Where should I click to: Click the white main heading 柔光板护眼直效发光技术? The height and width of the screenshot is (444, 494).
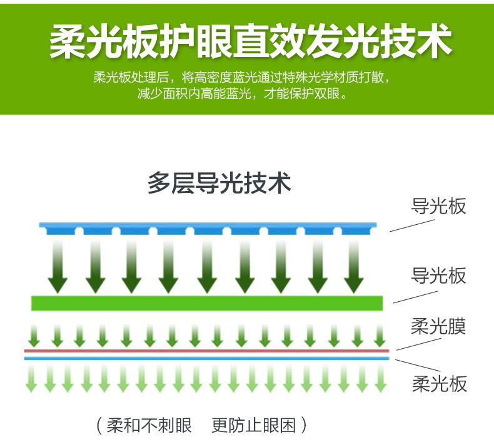pyautogui.click(x=250, y=42)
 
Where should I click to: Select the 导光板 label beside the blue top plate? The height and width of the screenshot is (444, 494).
pyautogui.click(x=438, y=206)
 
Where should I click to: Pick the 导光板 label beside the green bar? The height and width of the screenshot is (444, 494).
pyautogui.click(x=438, y=276)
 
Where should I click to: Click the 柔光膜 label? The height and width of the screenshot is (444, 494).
pyautogui.click(x=438, y=326)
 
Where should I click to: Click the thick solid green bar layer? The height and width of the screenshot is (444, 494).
pyautogui.click(x=206, y=303)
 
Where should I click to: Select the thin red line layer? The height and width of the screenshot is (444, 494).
pyautogui.click(x=206, y=351)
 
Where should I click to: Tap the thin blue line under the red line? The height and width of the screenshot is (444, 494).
pyautogui.click(x=206, y=358)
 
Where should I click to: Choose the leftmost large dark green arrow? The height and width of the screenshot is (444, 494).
pyautogui.click(x=58, y=266)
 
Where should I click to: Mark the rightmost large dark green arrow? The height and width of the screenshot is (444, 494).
pyautogui.click(x=355, y=266)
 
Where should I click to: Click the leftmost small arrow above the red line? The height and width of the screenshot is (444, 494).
pyautogui.click(x=34, y=336)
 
